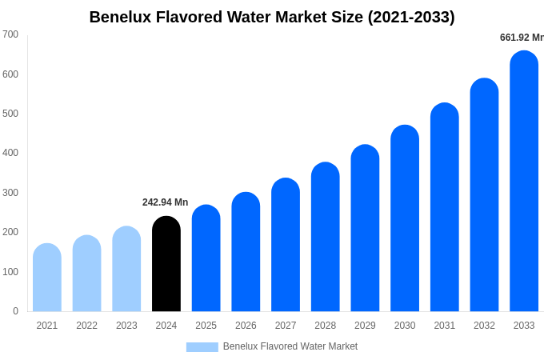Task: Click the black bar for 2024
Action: coord(166,264)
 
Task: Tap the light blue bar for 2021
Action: coord(47,278)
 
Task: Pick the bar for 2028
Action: coord(326,237)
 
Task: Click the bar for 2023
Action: coord(126,269)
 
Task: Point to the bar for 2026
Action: coord(246,252)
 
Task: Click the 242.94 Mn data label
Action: coord(165,202)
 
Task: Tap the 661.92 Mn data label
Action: coord(521,38)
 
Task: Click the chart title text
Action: coord(272,17)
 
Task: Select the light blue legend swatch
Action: coord(202,346)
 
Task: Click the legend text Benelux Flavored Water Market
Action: coord(290,346)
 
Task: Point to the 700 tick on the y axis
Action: coord(10,34)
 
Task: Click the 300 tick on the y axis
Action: coord(10,193)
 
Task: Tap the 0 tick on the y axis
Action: coord(15,311)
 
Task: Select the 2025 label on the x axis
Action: coord(206,326)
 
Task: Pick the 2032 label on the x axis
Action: coord(484,326)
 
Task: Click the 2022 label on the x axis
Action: coord(86,326)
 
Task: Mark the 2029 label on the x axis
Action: coord(365,326)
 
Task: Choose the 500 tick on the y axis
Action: coord(10,114)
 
